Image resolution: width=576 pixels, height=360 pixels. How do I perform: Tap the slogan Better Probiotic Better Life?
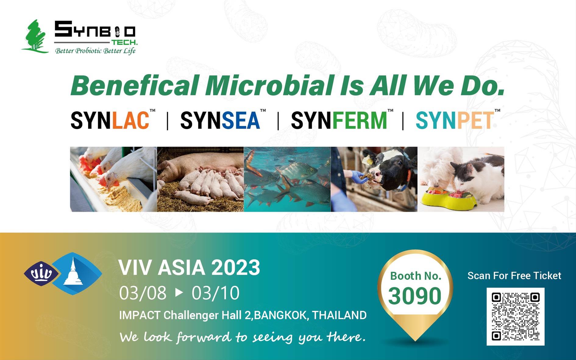point(95,51)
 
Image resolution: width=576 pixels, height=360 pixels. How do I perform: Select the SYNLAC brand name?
point(110,120)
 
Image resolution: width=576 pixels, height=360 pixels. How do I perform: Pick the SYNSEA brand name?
point(220,120)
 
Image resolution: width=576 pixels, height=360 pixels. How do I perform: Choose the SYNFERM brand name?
point(339,120)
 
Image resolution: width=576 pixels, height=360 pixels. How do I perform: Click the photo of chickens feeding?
point(113,179)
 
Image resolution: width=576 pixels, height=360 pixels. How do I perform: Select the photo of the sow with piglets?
point(200,179)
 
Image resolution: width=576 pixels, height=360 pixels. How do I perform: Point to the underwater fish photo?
point(287,179)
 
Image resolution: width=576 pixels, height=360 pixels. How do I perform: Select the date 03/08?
point(143,293)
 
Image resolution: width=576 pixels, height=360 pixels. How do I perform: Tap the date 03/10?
point(215,293)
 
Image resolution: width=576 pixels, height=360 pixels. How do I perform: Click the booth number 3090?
point(415,296)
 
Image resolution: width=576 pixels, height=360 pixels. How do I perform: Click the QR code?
point(515,316)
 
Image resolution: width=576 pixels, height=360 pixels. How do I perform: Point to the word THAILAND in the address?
point(339,315)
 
